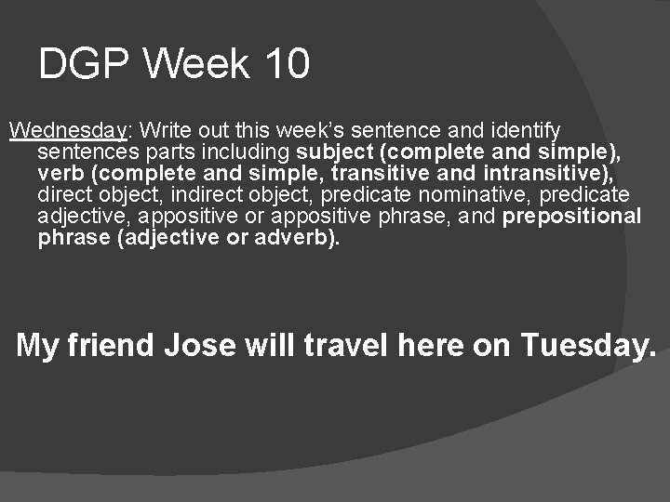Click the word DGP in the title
tap(85, 65)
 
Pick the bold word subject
tap(335, 151)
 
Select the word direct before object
tap(65, 195)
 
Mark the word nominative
tap(480, 195)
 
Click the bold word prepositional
tap(571, 218)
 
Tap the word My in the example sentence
tap(38, 346)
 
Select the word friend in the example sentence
tap(111, 345)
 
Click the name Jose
tap(200, 345)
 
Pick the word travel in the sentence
tap(342, 345)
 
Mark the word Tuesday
tap(588, 346)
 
